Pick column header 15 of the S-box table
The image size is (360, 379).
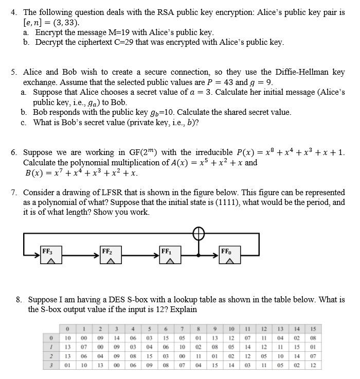click(x=313, y=329)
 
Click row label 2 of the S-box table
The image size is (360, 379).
click(x=51, y=356)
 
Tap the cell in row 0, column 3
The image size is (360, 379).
click(x=117, y=338)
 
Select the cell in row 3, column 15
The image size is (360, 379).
click(x=313, y=365)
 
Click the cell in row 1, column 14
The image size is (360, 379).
click(x=297, y=347)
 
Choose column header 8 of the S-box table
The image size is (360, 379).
click(x=199, y=329)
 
